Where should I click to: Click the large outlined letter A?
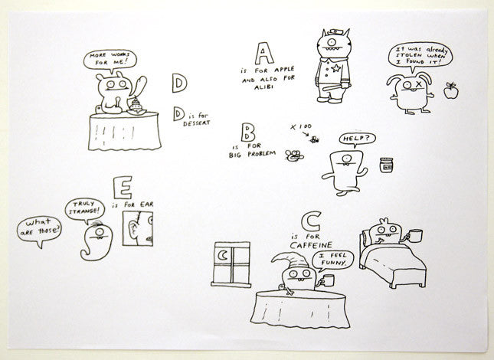[264, 54]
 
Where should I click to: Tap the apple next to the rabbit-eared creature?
[451, 90]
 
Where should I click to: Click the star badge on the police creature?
[335, 68]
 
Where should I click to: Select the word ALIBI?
[263, 87]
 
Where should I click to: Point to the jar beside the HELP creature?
[386, 165]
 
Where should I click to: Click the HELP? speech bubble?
[357, 139]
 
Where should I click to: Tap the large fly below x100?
[294, 155]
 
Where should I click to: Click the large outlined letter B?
[248, 133]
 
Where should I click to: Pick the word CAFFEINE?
[311, 245]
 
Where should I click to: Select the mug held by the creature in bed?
[414, 236]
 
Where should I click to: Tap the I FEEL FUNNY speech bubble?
[332, 260]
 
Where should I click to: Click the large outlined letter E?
[123, 188]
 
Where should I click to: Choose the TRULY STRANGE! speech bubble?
[85, 209]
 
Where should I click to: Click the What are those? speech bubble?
[39, 230]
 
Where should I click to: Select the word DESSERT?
[197, 123]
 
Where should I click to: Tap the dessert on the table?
[136, 106]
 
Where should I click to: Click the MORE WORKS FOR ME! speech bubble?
[110, 60]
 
